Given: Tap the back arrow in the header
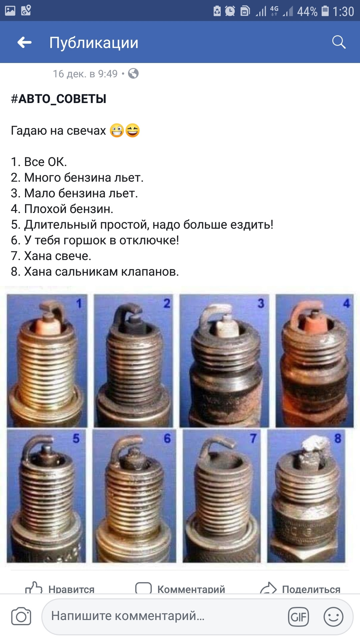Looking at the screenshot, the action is coord(24,42).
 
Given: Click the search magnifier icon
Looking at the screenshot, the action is coord(339,42).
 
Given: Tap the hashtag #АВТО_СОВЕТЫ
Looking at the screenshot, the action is coord(59,99).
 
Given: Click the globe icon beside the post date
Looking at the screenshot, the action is coord(133,73).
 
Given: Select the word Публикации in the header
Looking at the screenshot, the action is coord(94,43).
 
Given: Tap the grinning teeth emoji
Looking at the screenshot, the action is coord(117,130).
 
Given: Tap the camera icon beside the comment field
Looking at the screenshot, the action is coord(21,616).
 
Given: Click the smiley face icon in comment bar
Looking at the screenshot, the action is coord(333,617).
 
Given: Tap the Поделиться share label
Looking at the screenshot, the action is coord(311,589).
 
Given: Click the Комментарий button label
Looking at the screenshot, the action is coord(191,589).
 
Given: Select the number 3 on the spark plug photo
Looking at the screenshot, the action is coord(261,303).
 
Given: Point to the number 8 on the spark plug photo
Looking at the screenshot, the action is coord(338,438).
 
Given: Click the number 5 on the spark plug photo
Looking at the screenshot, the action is coord(76,438).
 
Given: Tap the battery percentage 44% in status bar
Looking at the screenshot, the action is coord(307,12).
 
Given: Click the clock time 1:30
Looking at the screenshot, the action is coord(343,12).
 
